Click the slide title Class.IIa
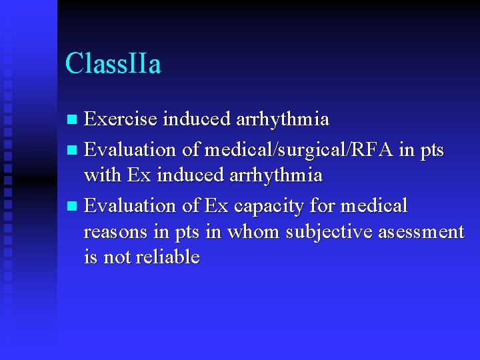coord(113,65)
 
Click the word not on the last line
coord(117,257)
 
